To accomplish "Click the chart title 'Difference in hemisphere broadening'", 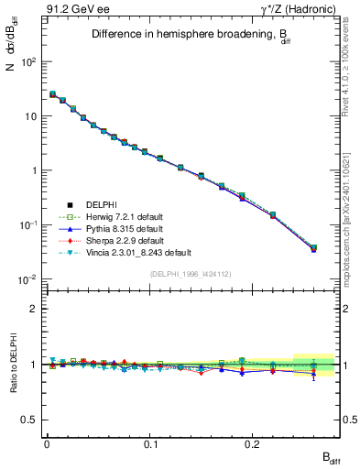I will point(180,35).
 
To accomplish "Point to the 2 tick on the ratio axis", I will point(33,309).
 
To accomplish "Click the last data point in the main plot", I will point(313,248).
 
